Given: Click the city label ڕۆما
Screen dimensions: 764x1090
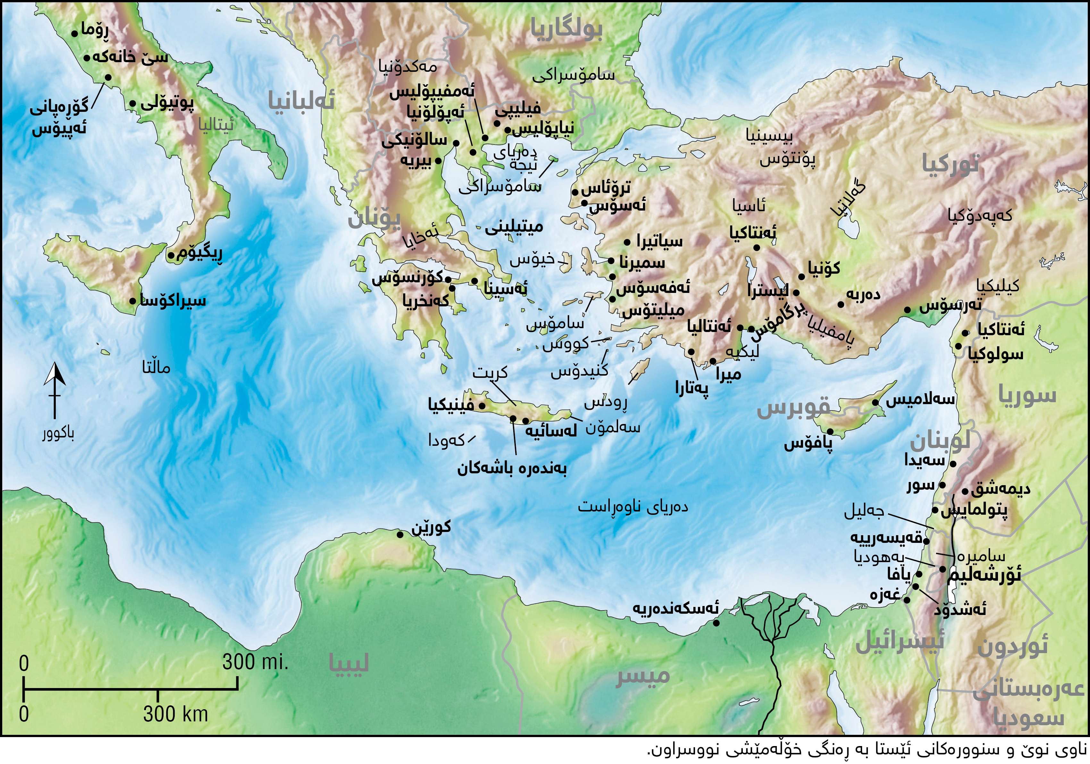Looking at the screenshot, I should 95,29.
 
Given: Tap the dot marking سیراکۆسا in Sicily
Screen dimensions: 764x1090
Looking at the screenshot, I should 132,301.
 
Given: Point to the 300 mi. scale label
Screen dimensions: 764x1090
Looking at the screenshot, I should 256,661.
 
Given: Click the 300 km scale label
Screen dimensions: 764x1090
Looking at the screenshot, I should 176,714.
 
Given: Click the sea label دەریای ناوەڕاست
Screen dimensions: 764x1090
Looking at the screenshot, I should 633,506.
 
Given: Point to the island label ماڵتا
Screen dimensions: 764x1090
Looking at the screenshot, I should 156,367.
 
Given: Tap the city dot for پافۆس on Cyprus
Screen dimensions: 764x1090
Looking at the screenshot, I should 830,431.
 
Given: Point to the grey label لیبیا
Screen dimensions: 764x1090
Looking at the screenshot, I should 349,663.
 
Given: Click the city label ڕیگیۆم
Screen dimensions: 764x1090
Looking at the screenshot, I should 199,253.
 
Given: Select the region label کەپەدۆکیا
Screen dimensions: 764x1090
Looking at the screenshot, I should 980,215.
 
